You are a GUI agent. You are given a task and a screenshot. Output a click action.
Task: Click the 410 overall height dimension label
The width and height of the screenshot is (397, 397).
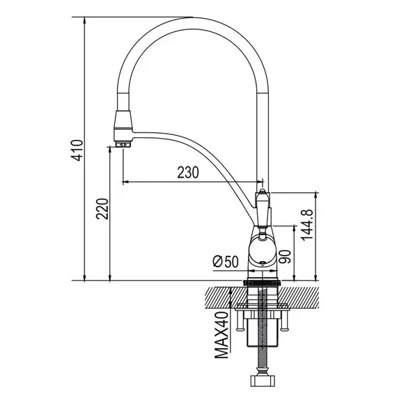[x=77, y=150]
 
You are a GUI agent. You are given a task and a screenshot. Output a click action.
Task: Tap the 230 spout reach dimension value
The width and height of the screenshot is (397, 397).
[x=188, y=172]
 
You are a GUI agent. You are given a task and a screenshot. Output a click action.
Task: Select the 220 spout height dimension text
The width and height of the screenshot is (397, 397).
[x=102, y=209]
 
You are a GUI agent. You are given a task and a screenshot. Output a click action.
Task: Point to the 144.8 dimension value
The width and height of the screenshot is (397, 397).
[x=307, y=225]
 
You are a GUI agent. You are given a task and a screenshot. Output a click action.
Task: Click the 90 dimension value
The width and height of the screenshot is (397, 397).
[x=285, y=257]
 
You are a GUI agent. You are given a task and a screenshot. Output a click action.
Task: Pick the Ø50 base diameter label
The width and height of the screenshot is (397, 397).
[x=226, y=262]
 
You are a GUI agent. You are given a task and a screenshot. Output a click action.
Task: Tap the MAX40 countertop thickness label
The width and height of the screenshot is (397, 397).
[x=221, y=335]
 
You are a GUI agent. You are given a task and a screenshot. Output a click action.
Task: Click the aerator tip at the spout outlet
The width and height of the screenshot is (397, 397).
[x=123, y=145]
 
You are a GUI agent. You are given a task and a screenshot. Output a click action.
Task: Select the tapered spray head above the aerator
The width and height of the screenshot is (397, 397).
[x=123, y=120]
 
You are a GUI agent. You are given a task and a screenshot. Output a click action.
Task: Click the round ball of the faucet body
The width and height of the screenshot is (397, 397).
[x=262, y=250]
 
